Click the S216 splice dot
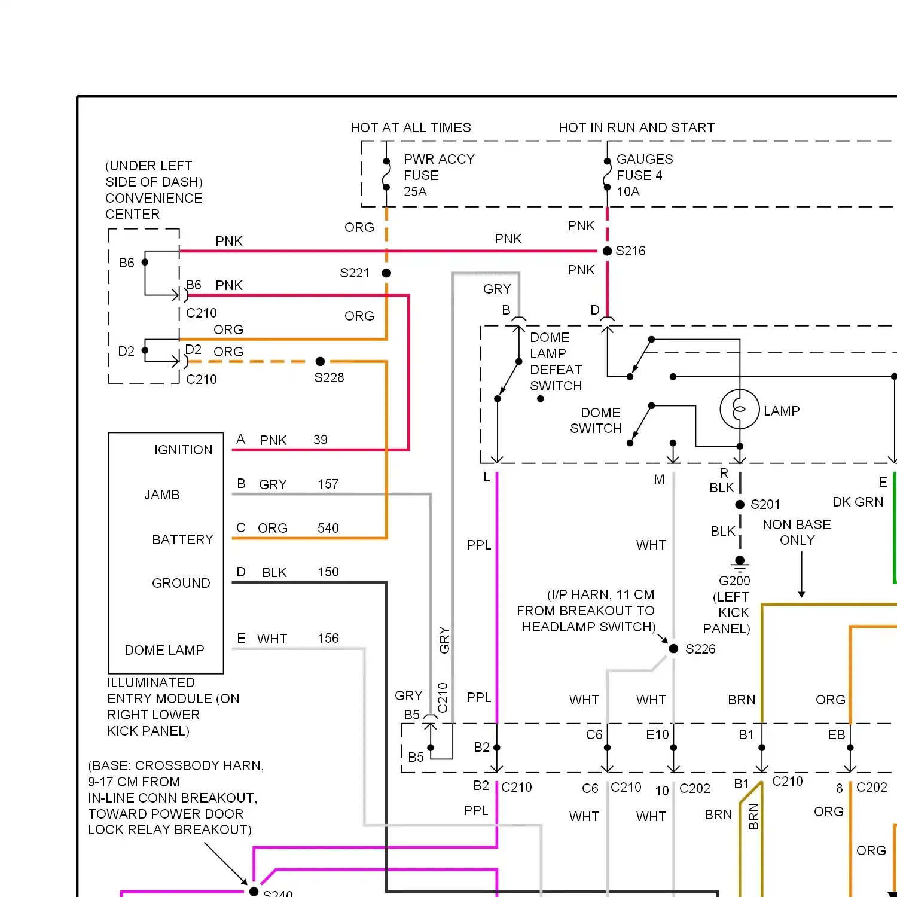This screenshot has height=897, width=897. click(607, 251)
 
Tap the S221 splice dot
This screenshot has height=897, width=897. click(386, 273)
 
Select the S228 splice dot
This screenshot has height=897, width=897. click(320, 361)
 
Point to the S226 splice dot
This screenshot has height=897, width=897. click(673, 649)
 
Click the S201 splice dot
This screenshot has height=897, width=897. click(740, 504)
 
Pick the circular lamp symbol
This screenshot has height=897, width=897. click(740, 410)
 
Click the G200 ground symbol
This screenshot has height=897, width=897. click(740, 563)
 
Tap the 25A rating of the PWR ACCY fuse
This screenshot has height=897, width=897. click(415, 191)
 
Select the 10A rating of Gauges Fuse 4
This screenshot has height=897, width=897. click(628, 191)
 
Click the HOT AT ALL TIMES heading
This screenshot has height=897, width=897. click(411, 127)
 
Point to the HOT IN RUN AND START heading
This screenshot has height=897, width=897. click(637, 127)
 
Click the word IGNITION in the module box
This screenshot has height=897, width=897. click(183, 450)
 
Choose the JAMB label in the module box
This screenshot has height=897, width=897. click(162, 495)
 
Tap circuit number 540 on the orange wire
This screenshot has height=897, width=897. click(328, 528)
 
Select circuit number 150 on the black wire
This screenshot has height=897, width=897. click(328, 572)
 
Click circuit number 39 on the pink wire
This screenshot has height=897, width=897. click(321, 440)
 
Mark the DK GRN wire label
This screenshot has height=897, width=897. click(858, 502)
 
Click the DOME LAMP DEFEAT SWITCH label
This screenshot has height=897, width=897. click(556, 362)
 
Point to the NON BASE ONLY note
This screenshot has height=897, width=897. click(797, 532)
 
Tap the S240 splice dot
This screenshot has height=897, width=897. click(254, 892)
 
